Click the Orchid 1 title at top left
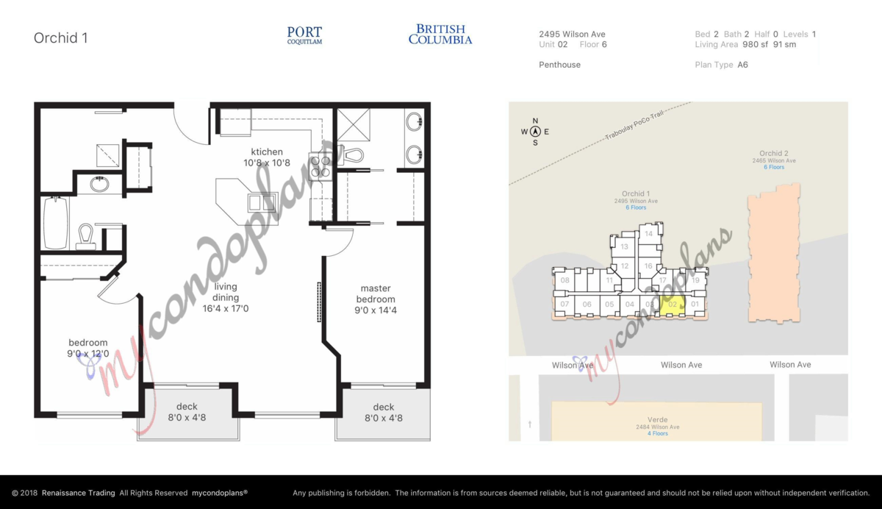pos(61,38)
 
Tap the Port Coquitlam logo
pos(304,35)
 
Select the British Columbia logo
pos(440,35)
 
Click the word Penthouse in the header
pos(559,65)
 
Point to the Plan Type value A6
pos(742,65)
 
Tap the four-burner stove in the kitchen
pos(320,165)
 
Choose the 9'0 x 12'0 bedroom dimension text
pos(88,354)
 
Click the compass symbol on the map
pos(535,132)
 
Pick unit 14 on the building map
pos(648,234)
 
